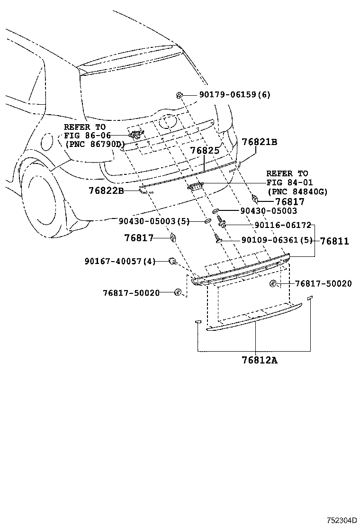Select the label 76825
pyautogui.click(x=205, y=151)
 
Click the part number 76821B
pyautogui.click(x=259, y=142)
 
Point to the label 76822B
pyautogui.click(x=106, y=191)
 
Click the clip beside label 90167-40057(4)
pyautogui.click(x=173, y=261)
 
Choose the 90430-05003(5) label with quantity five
pyautogui.click(x=154, y=221)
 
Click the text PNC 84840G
pyautogui.click(x=297, y=191)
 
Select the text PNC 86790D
pyautogui.click(x=94, y=144)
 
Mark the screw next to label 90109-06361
pyautogui.click(x=218, y=239)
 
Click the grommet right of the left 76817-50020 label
pyautogui.click(x=178, y=292)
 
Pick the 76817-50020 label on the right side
pyautogui.click(x=323, y=283)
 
